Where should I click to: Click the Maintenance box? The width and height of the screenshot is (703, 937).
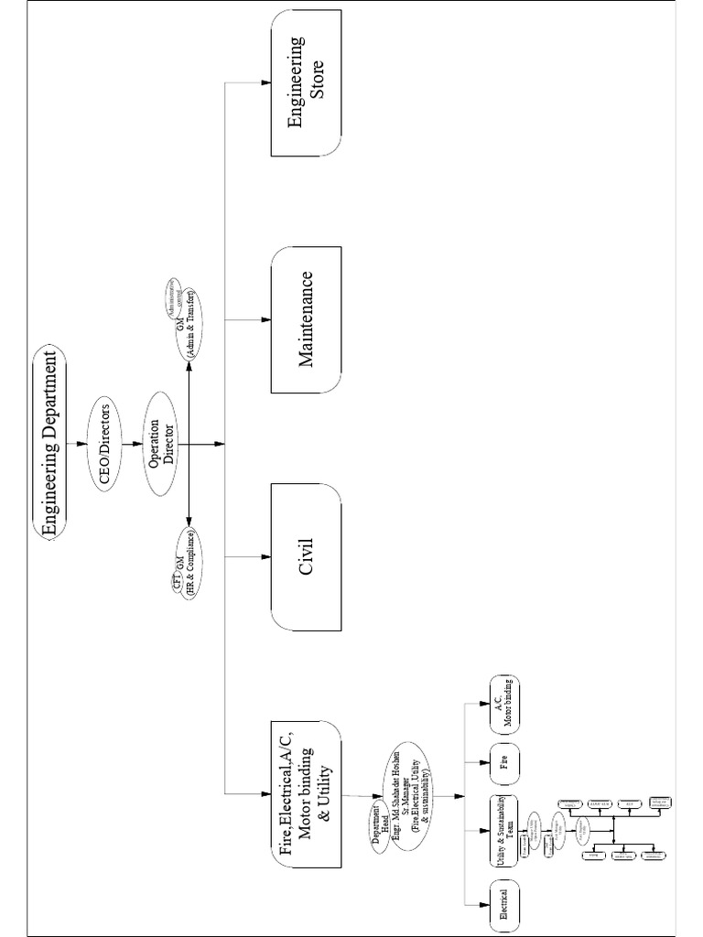click(x=307, y=318)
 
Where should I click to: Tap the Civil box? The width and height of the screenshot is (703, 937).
click(x=307, y=555)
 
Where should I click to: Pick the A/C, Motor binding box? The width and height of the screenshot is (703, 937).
click(x=503, y=705)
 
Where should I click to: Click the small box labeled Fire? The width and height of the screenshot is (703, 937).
click(x=503, y=759)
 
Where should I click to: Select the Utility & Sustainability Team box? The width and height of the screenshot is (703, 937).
click(x=503, y=831)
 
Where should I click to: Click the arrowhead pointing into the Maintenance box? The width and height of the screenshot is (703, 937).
click(x=266, y=318)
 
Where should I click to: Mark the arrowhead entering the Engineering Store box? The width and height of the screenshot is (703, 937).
click(x=266, y=82)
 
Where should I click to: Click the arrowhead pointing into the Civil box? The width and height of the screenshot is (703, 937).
click(x=266, y=555)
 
